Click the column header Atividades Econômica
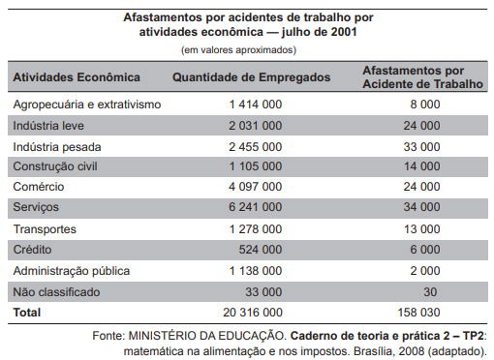77,76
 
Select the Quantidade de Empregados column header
251,76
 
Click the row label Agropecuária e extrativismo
86,104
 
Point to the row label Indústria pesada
58,146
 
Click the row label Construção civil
56,166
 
